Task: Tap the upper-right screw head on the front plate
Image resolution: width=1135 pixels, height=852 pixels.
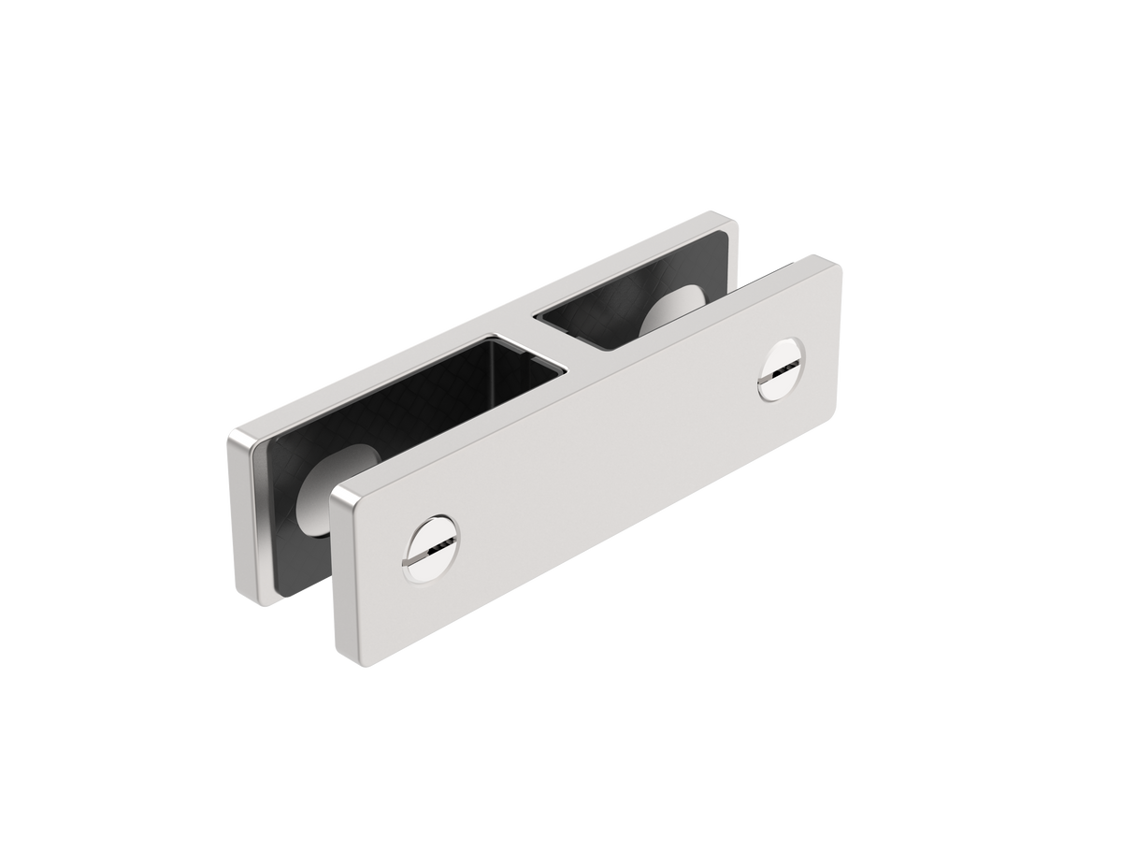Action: (783, 368)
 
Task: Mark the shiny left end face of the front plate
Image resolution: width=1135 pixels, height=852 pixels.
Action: (339, 570)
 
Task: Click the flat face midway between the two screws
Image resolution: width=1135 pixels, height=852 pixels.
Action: (608, 458)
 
